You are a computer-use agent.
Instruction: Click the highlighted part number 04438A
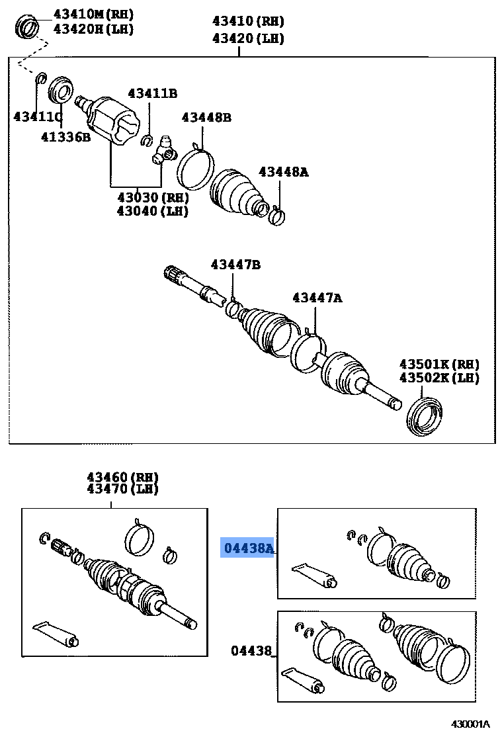247,548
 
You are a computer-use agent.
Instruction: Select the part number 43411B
152,93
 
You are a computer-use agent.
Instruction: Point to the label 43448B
206,118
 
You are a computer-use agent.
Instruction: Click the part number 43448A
283,172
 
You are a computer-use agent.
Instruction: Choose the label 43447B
235,265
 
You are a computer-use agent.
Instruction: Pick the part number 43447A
317,298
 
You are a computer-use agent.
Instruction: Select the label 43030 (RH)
152,197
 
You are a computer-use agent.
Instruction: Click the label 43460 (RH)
122,476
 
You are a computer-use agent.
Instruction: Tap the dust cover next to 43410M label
28,27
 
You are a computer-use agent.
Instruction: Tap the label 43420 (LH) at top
248,38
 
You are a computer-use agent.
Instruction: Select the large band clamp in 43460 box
140,539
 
